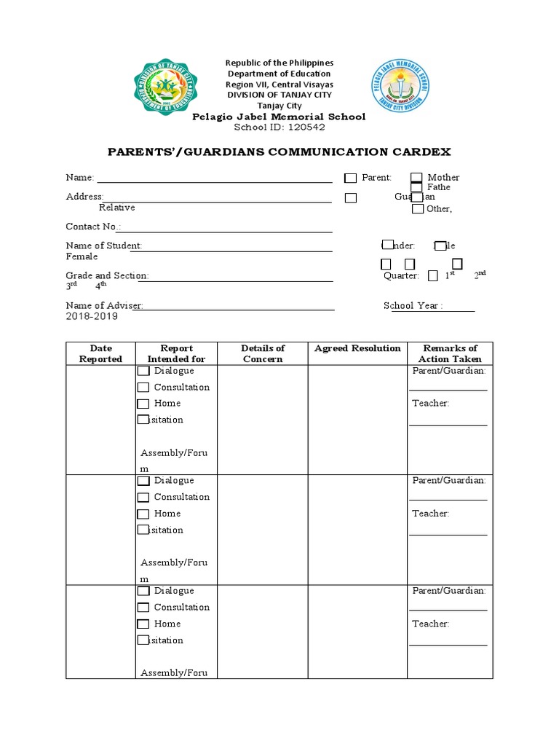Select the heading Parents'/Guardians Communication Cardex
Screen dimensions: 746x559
[x=279, y=152]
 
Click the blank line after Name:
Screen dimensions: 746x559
[x=215, y=178]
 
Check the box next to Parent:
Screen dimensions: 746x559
[x=351, y=178]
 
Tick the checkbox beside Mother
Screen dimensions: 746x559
[x=416, y=178]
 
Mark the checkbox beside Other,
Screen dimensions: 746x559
[x=418, y=210]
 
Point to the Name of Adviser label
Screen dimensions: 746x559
[x=104, y=306]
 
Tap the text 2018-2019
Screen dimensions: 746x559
[x=92, y=317]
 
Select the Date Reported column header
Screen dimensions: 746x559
[x=100, y=353]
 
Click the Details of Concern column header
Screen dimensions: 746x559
[x=263, y=353]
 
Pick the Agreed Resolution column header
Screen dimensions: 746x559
[x=357, y=348]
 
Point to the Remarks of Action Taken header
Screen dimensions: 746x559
[x=450, y=353]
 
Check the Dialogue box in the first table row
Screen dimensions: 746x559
[x=143, y=372]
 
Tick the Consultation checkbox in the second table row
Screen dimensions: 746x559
[x=143, y=498]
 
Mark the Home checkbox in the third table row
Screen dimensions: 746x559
[x=143, y=624]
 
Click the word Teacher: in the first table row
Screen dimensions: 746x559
[x=431, y=404]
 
